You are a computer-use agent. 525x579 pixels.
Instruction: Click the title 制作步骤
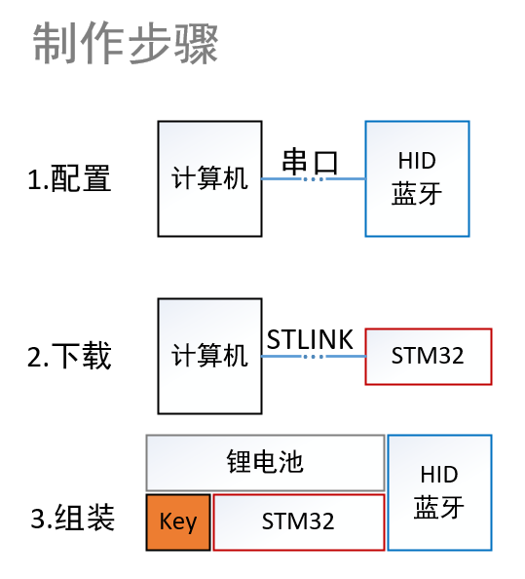click(x=126, y=43)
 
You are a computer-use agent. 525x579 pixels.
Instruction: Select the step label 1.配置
click(x=69, y=178)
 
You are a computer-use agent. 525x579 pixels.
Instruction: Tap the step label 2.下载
click(x=69, y=356)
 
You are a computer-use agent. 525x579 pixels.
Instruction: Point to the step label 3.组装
click(x=72, y=518)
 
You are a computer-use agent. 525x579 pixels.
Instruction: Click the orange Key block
click(x=178, y=522)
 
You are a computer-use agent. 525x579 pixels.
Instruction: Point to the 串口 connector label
click(x=310, y=162)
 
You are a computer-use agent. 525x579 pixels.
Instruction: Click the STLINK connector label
click(x=310, y=339)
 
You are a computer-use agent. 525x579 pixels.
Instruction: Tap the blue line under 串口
click(x=314, y=179)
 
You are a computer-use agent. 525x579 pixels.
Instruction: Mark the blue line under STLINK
click(x=314, y=357)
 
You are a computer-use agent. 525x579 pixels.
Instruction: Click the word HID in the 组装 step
click(x=439, y=475)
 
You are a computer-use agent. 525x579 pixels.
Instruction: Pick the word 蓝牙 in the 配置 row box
click(x=417, y=194)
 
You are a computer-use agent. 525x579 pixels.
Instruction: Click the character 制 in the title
click(x=55, y=43)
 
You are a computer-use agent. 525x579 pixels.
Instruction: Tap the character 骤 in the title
click(x=197, y=43)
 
